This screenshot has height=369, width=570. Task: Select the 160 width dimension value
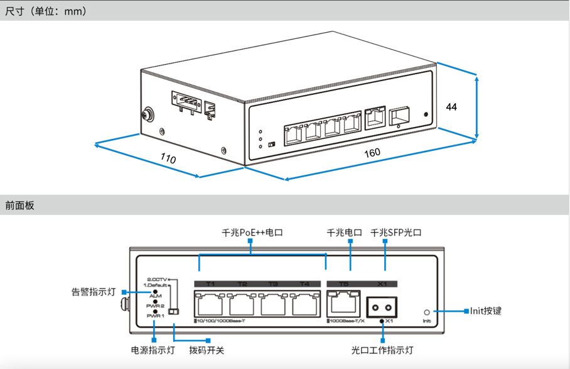[372, 153]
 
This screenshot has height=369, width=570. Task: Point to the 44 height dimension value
[451, 107]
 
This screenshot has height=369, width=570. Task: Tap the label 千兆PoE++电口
[253, 233]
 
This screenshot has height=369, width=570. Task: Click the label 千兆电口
[344, 233]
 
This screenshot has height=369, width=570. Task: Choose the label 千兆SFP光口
[396, 233]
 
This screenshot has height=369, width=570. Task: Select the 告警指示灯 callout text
[94, 292]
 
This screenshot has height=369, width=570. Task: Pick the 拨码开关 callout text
[207, 350]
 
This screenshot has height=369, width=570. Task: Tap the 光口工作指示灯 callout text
[382, 350]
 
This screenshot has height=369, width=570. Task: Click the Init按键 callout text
[486, 311]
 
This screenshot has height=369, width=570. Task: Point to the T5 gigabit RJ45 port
[343, 305]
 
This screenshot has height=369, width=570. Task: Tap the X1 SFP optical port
[382, 307]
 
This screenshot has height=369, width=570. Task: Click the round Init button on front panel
[427, 312]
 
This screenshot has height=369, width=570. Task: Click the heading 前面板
[20, 205]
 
